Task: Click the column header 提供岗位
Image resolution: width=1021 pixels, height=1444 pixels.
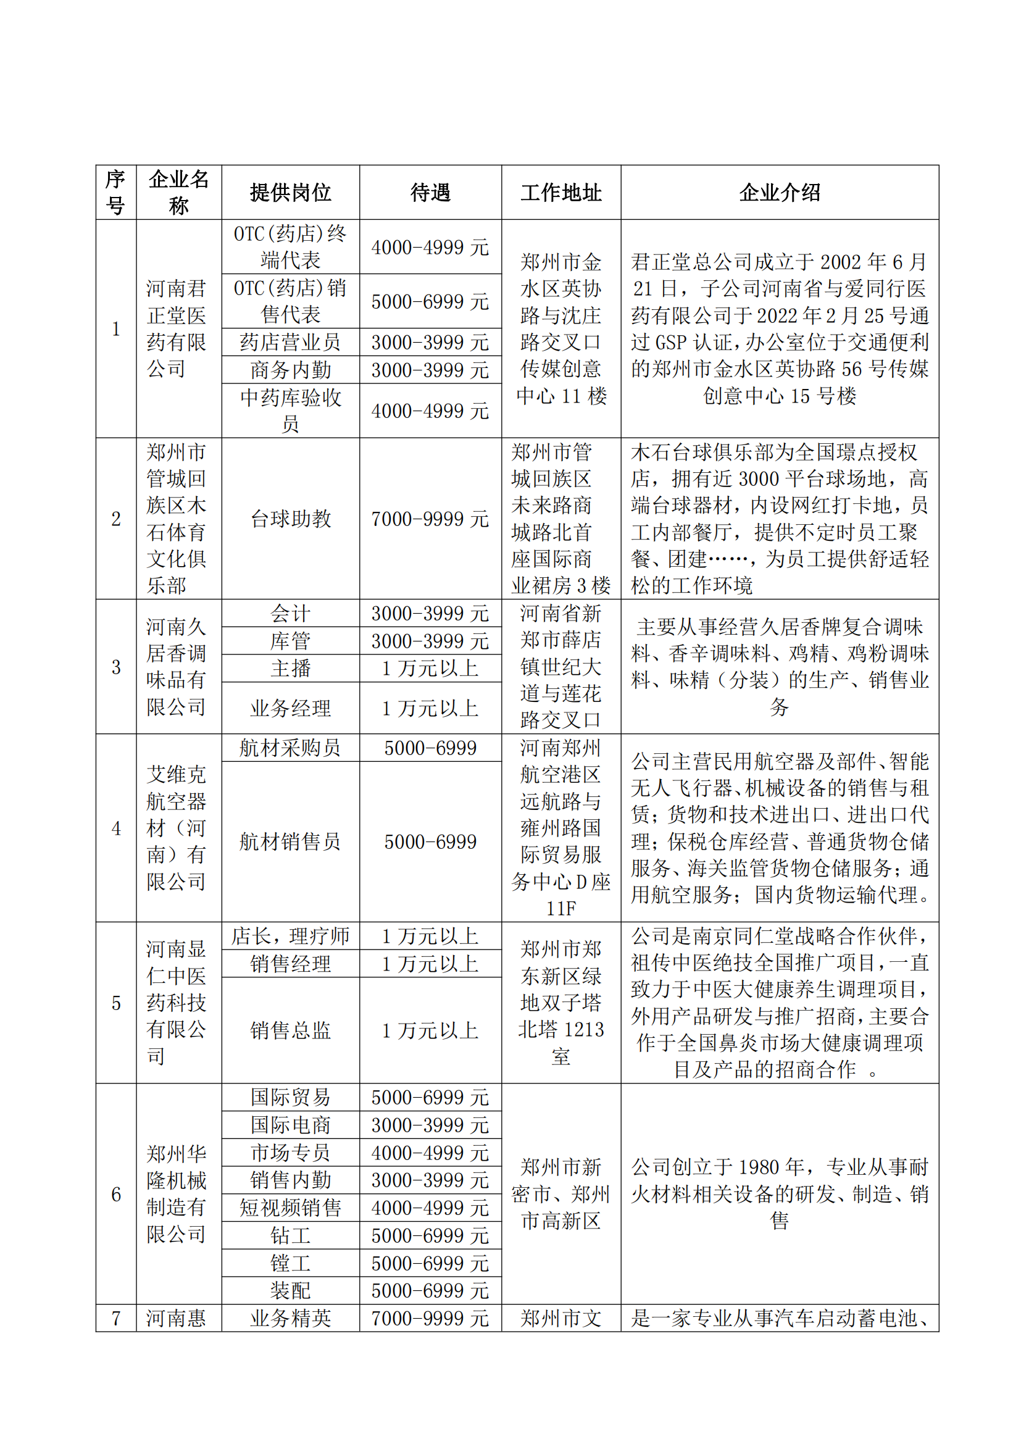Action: [x=291, y=193]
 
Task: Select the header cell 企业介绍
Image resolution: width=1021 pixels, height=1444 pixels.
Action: [x=779, y=193]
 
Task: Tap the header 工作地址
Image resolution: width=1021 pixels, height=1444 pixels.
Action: [x=561, y=193]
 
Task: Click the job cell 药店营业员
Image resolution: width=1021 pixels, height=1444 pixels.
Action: [x=291, y=342]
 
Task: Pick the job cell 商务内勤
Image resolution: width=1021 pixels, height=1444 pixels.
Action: [x=291, y=370]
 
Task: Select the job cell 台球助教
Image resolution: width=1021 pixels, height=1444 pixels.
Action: [x=291, y=519]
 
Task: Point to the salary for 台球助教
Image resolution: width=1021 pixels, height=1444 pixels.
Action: [x=430, y=519]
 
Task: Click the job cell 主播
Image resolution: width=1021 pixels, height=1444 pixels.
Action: [x=291, y=668]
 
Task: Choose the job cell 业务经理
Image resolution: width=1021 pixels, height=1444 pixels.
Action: [x=291, y=708]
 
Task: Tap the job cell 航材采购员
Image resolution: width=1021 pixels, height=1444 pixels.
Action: [x=291, y=748]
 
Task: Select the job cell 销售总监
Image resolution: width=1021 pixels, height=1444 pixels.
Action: [x=291, y=1030]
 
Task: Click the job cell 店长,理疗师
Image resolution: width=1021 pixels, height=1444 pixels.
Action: [x=291, y=936]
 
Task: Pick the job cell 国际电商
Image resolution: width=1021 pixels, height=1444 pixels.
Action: [x=291, y=1125]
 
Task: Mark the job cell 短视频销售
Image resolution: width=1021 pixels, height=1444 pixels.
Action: [x=291, y=1208]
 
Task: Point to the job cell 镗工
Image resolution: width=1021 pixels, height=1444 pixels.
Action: [x=291, y=1264]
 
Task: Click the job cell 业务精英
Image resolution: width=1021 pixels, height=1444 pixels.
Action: [x=291, y=1318]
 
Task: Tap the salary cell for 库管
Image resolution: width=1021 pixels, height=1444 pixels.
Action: [x=430, y=641]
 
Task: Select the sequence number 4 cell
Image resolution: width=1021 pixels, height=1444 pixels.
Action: [x=116, y=828]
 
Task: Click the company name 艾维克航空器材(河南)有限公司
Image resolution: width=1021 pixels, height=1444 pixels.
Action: [x=177, y=828]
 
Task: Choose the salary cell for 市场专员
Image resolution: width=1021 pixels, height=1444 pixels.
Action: [x=430, y=1153]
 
